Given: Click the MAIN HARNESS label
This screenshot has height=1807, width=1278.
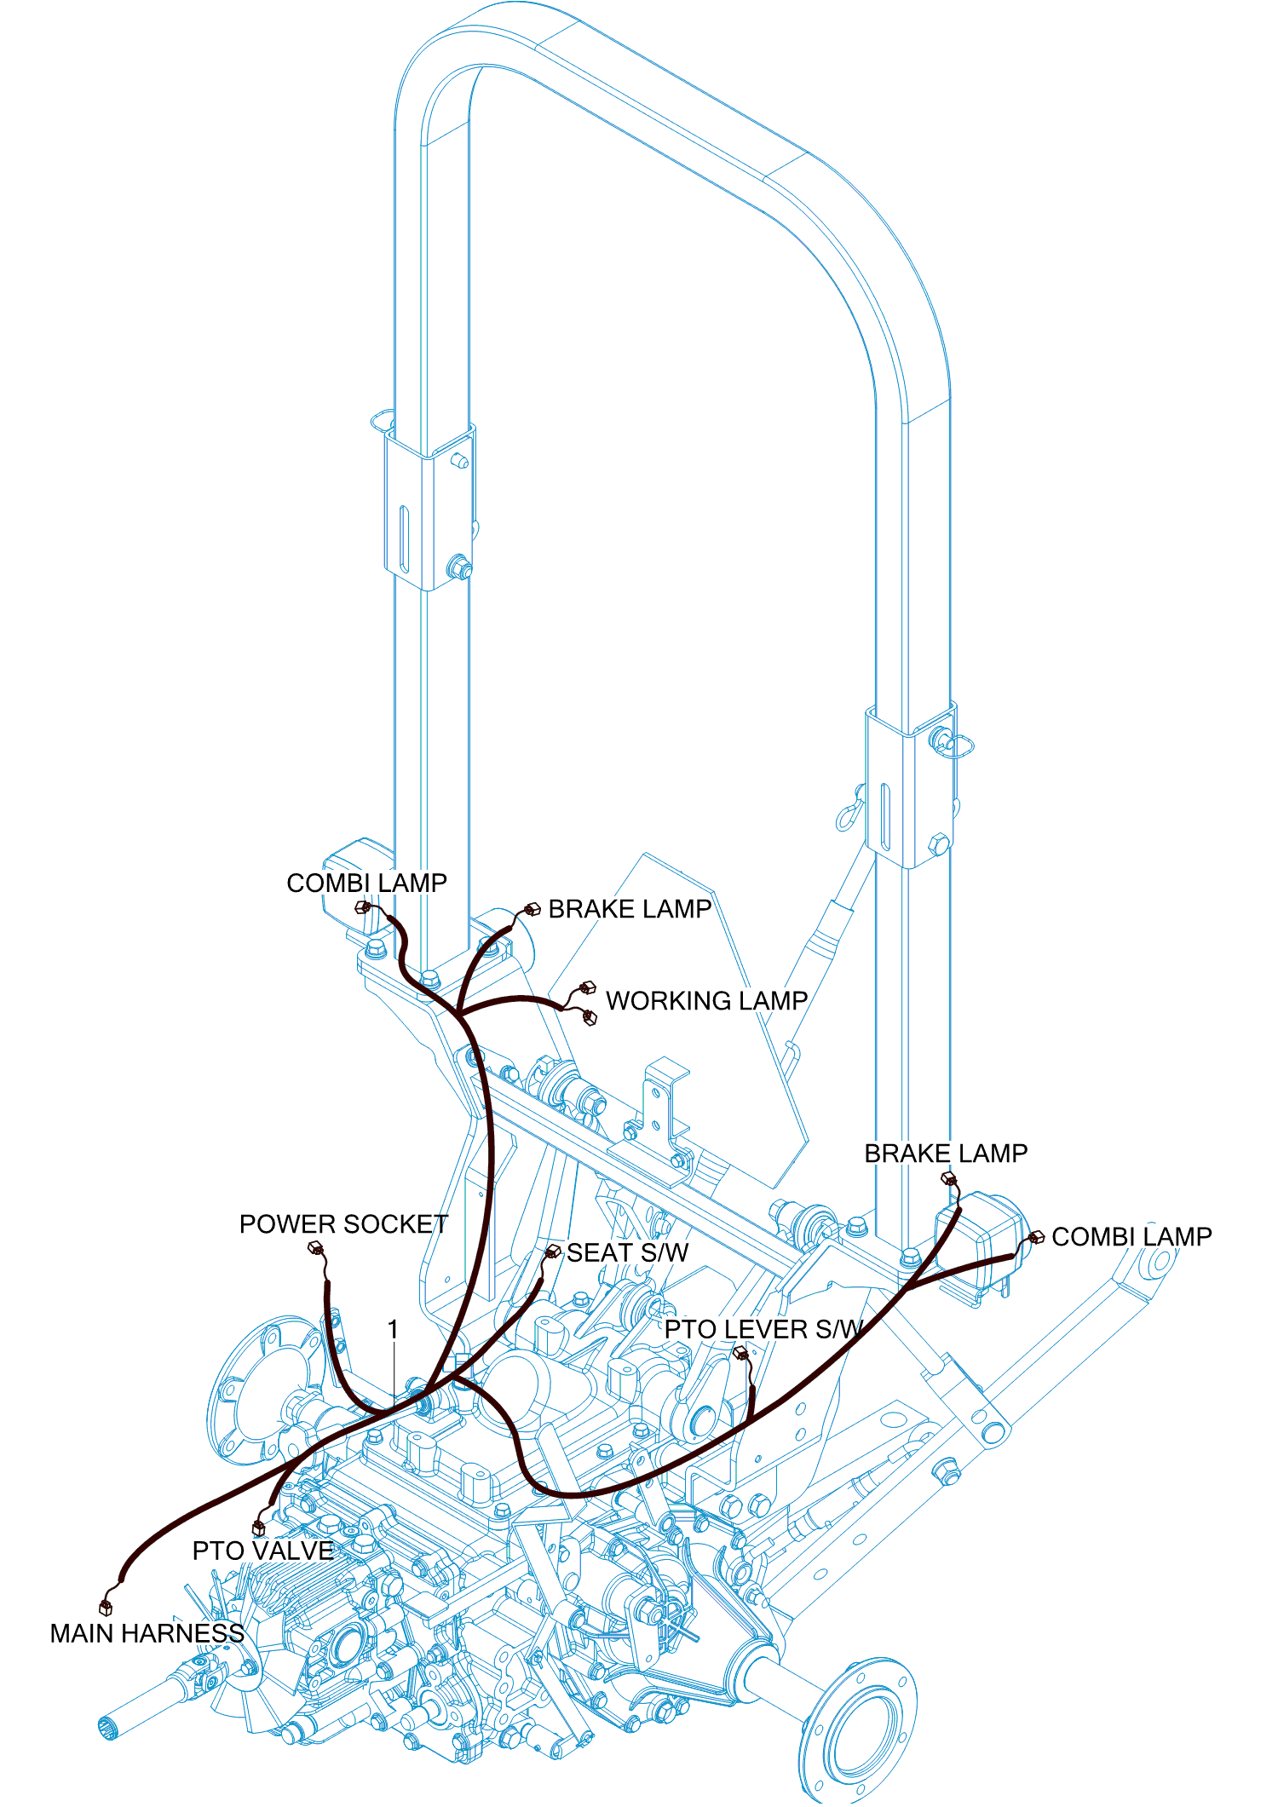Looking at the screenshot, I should (x=147, y=1633).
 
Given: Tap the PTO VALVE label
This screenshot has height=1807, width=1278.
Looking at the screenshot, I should (x=262, y=1551).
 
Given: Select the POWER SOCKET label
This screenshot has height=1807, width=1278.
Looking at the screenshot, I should (x=343, y=1224).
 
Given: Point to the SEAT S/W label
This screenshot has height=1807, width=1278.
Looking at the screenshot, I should (x=627, y=1252).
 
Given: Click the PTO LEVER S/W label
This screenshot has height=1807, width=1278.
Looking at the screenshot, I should (x=763, y=1329).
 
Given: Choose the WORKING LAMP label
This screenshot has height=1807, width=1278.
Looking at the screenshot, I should (x=706, y=1000).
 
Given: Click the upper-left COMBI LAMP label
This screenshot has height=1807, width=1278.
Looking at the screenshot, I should (x=366, y=883).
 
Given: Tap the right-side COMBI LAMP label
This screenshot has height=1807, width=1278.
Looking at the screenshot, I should (x=1131, y=1236).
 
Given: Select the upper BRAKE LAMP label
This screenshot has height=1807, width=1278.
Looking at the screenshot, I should (x=630, y=909).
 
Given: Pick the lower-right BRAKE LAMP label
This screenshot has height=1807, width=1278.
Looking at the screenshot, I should (x=946, y=1153).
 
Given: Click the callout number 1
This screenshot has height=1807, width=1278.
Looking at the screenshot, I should (x=393, y=1329).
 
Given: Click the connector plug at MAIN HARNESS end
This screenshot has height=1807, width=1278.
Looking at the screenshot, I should (x=106, y=1607).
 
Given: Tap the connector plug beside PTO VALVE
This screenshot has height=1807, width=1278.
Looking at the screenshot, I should (x=258, y=1528).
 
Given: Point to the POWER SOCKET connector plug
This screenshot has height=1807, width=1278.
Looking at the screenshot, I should (x=314, y=1248).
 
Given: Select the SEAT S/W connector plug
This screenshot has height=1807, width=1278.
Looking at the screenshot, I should (x=553, y=1251).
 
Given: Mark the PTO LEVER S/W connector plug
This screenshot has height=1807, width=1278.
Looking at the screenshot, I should (x=740, y=1351).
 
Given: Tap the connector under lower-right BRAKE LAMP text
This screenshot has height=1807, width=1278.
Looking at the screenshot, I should (x=949, y=1179).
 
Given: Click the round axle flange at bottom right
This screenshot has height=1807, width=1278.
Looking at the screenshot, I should (x=859, y=1729).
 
